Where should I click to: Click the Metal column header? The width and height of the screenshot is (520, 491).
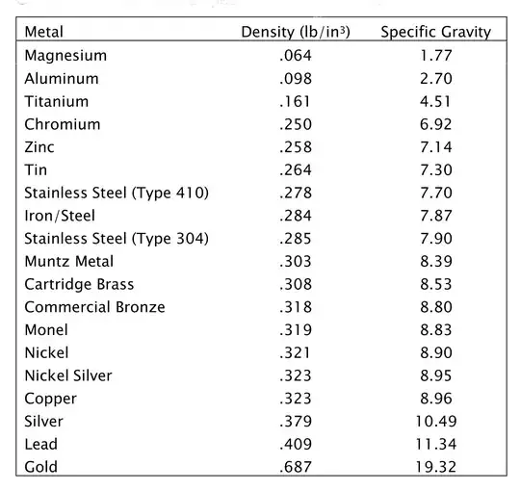(x=44, y=32)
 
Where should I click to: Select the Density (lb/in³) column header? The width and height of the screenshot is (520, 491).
(x=295, y=32)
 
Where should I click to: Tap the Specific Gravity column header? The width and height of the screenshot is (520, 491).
(x=435, y=32)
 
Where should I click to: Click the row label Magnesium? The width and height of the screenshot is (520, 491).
(x=65, y=56)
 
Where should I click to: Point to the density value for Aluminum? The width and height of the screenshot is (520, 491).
(x=295, y=79)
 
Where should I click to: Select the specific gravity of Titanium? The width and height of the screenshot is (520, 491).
(x=435, y=101)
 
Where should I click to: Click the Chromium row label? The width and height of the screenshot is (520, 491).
(x=63, y=124)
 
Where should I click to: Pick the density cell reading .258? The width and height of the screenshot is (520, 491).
(x=295, y=147)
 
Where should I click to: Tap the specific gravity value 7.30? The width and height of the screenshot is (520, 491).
(x=435, y=170)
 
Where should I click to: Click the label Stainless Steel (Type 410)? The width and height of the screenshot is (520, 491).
(x=117, y=193)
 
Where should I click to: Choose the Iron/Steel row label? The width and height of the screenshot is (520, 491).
(x=60, y=216)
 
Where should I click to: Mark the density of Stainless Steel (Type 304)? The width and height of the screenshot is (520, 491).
(x=295, y=239)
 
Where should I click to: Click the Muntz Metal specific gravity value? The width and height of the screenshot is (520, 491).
(x=435, y=261)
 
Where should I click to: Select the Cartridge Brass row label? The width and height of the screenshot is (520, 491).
(x=79, y=284)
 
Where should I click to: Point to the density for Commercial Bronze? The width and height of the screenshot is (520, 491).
(x=295, y=307)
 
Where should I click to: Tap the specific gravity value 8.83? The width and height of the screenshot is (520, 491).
(x=435, y=330)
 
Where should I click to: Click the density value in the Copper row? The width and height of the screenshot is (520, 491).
(x=295, y=399)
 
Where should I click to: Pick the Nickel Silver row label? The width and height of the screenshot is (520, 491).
(x=68, y=375)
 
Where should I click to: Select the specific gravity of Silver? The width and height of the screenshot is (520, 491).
(x=435, y=421)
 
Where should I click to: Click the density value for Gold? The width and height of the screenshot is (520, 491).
(x=295, y=467)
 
